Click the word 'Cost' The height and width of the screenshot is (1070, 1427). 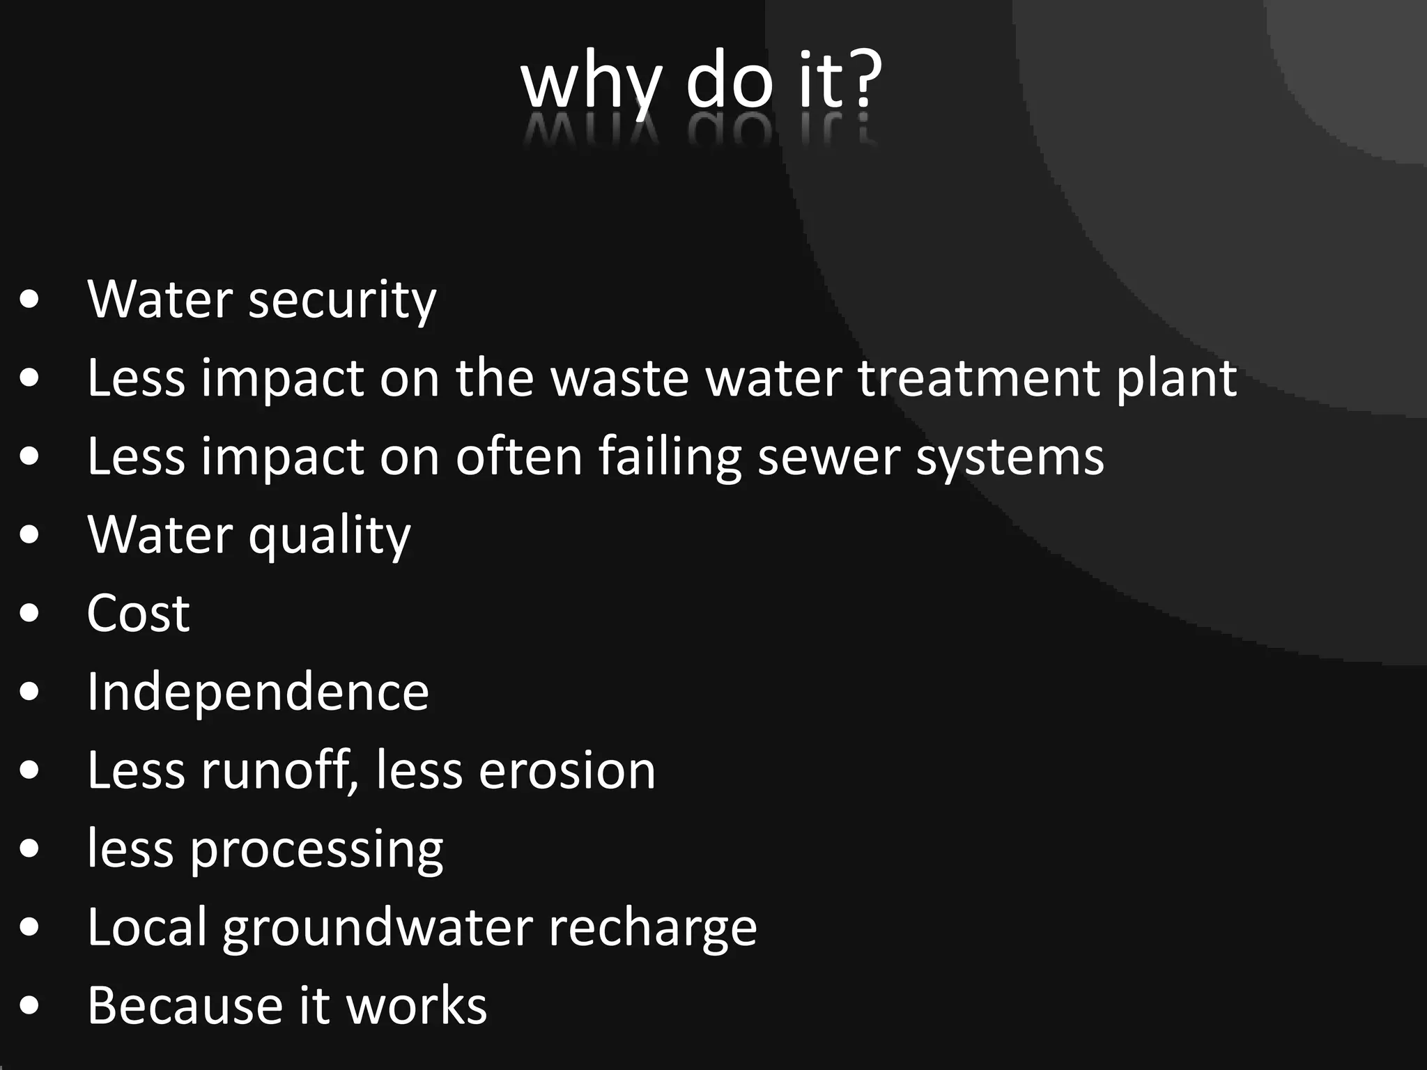point(138,614)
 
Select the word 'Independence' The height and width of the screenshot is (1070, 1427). point(258,692)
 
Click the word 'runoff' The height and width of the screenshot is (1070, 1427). point(279,771)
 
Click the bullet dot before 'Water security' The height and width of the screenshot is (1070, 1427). point(30,300)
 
